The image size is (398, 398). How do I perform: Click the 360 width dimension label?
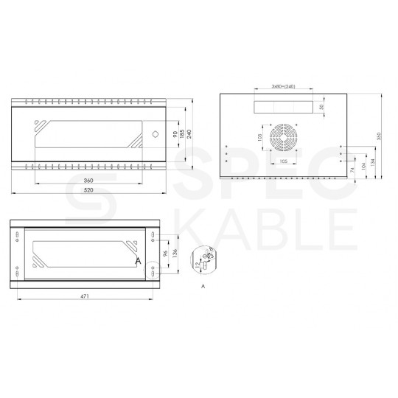point(88,181)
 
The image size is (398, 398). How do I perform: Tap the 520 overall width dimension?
point(88,191)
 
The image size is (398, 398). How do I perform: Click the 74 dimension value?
point(353,170)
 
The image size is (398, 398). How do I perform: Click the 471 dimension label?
point(85,296)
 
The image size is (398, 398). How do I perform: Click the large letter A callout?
point(138,260)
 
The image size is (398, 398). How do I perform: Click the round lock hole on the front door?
point(156,135)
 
